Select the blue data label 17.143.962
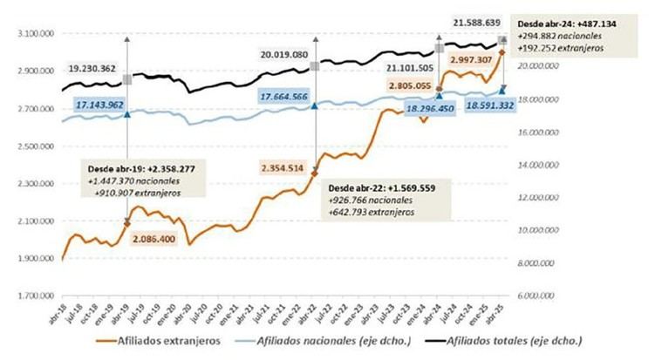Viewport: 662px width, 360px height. pos(99,105)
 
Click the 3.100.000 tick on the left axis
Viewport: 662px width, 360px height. pos(33,34)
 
